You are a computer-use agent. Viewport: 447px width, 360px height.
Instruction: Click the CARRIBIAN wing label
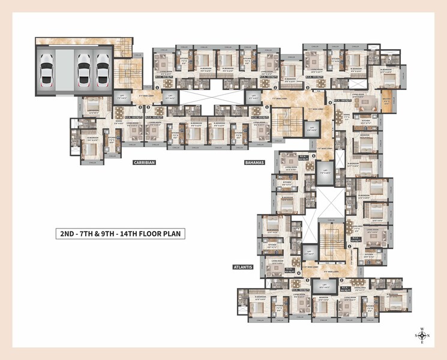click(145, 161)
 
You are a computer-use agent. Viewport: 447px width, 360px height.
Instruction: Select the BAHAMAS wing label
click(254, 162)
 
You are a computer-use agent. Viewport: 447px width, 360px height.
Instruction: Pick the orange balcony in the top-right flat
click(387, 105)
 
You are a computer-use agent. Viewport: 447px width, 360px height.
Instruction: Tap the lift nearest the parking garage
click(123, 97)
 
